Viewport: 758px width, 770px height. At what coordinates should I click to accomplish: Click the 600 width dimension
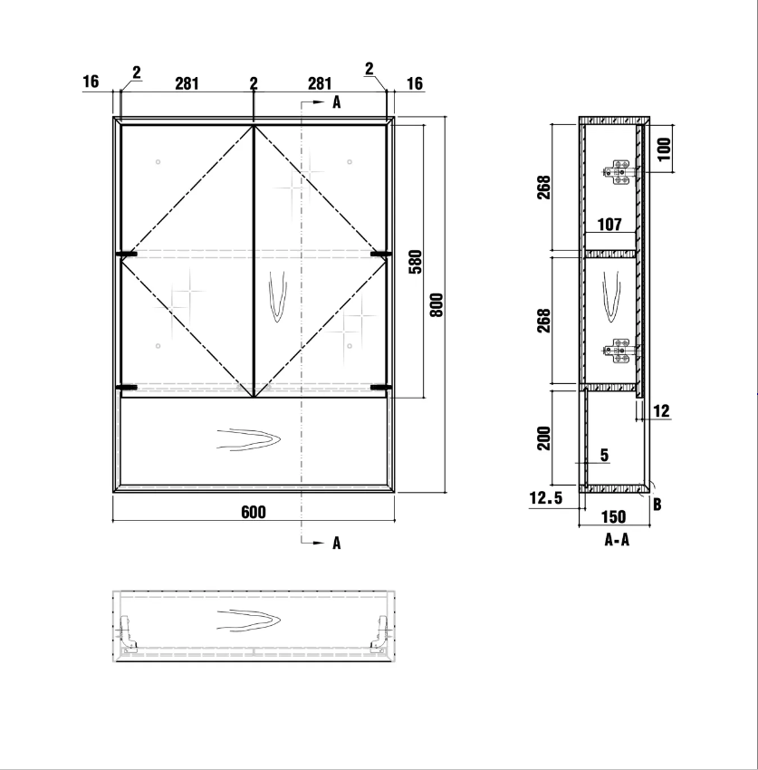[x=254, y=512]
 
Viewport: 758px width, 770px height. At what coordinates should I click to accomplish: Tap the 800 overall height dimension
[x=436, y=304]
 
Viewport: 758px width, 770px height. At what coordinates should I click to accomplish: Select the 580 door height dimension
[x=416, y=262]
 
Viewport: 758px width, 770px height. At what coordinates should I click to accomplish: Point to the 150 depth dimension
[x=614, y=516]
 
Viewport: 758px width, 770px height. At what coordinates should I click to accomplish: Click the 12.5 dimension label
[x=545, y=498]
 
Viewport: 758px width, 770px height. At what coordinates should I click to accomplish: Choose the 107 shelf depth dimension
[x=609, y=225]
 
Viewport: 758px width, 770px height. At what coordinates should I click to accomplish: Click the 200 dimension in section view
[x=543, y=438]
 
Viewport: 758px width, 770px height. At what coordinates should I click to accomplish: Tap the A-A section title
[x=617, y=540]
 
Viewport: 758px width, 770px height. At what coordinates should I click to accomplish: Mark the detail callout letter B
[x=657, y=504]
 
